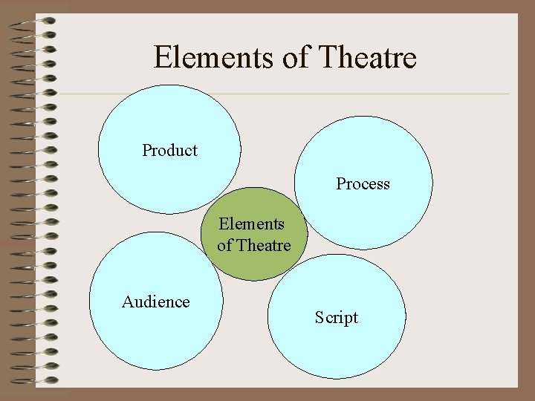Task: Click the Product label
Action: (x=169, y=150)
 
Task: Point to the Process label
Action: (x=363, y=183)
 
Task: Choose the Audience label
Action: (x=155, y=301)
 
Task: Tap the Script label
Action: (x=336, y=318)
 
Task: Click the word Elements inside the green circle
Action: (x=251, y=224)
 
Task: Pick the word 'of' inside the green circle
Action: (x=224, y=245)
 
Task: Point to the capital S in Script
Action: (x=319, y=317)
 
